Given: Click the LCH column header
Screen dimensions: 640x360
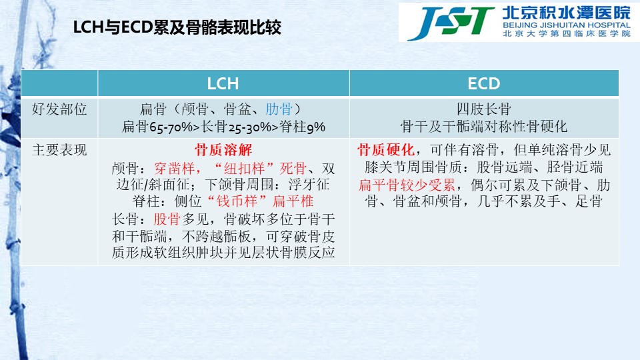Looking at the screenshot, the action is pyautogui.click(x=223, y=84).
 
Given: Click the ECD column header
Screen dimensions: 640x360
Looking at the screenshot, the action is pyautogui.click(x=484, y=84).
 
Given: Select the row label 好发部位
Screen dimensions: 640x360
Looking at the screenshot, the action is pyautogui.click(x=59, y=109).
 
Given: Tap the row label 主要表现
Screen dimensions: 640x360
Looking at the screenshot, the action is pyautogui.click(x=59, y=150).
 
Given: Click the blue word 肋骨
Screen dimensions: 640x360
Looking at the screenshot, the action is pyautogui.click(x=279, y=109).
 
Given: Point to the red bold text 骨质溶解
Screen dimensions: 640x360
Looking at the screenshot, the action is pyautogui.click(x=223, y=150).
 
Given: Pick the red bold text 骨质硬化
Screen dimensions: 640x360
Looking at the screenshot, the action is pyautogui.click(x=386, y=150).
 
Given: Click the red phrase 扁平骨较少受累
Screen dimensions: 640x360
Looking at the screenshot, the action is pyautogui.click(x=407, y=185).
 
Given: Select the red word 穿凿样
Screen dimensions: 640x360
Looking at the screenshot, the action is pyautogui.click(x=174, y=168).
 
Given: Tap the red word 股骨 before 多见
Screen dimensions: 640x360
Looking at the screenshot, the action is pyautogui.click(x=167, y=219).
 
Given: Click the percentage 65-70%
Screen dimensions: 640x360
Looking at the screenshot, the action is pyautogui.click(x=171, y=127).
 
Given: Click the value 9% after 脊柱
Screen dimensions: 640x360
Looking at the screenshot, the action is pyautogui.click(x=316, y=127).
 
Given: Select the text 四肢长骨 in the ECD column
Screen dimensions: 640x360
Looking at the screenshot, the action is pyautogui.click(x=484, y=109).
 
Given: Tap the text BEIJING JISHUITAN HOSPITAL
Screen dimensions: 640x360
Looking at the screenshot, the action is pyautogui.click(x=567, y=25).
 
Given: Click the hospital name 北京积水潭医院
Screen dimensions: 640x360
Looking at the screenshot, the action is pyautogui.click(x=567, y=13).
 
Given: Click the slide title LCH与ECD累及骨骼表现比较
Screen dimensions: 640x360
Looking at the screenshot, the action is pyautogui.click(x=177, y=27).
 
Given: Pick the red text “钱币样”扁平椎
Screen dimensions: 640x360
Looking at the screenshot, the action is pyautogui.click(x=261, y=201).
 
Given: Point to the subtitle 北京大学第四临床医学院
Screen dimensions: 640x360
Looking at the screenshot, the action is pyautogui.click(x=567, y=34).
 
